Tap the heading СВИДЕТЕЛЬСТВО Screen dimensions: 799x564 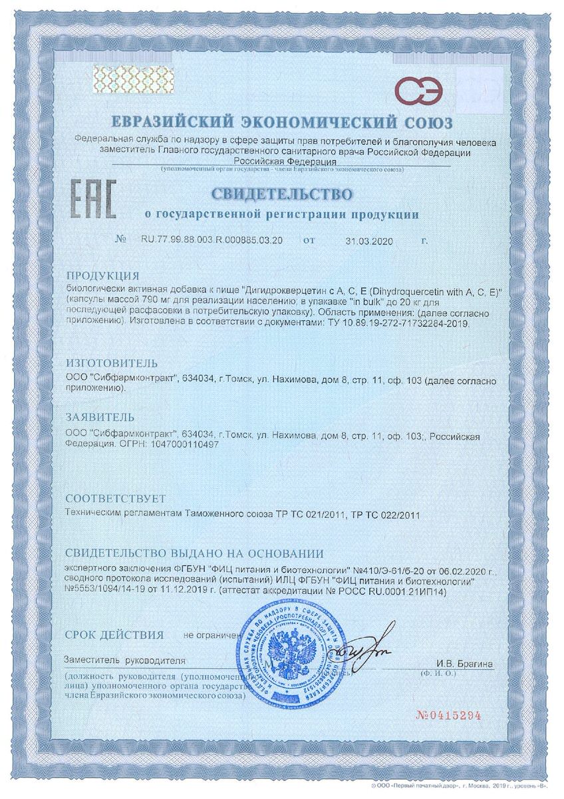point(281,194)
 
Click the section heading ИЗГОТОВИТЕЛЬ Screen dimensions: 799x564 point(111,364)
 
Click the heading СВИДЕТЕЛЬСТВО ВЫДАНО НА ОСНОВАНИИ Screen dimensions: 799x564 point(194,553)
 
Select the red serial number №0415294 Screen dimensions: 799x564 point(448,716)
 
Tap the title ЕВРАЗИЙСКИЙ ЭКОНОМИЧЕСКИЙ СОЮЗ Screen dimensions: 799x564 point(281,123)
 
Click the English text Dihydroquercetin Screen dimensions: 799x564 point(397,291)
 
